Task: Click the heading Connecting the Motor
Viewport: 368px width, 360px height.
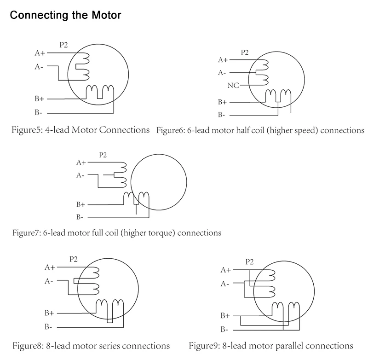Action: pyautogui.click(x=65, y=15)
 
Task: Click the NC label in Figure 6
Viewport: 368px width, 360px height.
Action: pyautogui.click(x=233, y=86)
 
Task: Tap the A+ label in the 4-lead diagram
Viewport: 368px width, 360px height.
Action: pyautogui.click(x=40, y=53)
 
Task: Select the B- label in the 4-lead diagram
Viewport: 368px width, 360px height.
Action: pyautogui.click(x=39, y=112)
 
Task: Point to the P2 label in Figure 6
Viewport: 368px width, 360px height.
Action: pyautogui.click(x=244, y=52)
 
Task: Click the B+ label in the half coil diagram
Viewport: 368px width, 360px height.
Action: pyautogui.click(x=223, y=102)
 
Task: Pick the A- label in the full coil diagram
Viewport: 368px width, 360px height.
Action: pyautogui.click(x=80, y=175)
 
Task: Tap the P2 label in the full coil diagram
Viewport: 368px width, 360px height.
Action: pyautogui.click(x=103, y=155)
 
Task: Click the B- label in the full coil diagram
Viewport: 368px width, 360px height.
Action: pyautogui.click(x=80, y=217)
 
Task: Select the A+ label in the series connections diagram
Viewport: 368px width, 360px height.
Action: pyautogui.click(x=50, y=267)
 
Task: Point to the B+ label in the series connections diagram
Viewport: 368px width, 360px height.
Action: pyautogui.click(x=49, y=313)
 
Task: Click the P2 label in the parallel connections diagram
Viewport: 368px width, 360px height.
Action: pyautogui.click(x=250, y=261)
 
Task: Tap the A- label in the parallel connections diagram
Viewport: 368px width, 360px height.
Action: pyautogui.click(x=225, y=284)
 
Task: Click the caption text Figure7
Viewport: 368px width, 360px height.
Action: pyautogui.click(x=26, y=232)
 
